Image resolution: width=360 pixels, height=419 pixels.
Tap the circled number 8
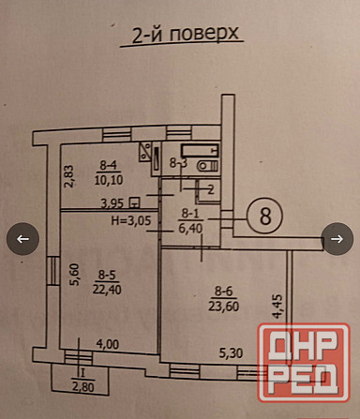[265, 215]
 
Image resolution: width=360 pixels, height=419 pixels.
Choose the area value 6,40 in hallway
[190, 225]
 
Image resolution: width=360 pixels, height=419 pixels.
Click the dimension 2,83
[67, 176]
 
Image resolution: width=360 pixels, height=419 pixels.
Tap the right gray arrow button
[336, 238]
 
